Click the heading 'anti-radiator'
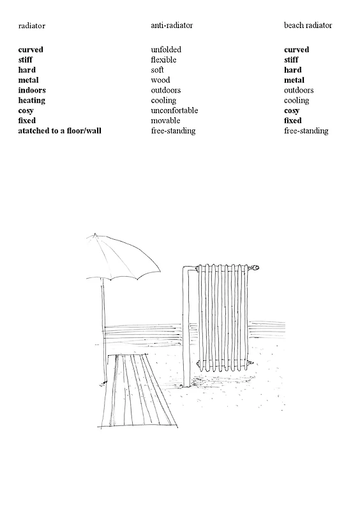pyautogui.click(x=172, y=26)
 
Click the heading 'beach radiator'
pyautogui.click(x=308, y=26)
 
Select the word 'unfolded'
pyautogui.click(x=166, y=50)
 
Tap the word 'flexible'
pyautogui.click(x=163, y=60)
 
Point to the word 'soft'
pyautogui.click(x=158, y=70)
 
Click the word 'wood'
pyautogui.click(x=160, y=80)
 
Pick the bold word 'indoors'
pyautogui.click(x=32, y=91)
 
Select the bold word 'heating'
pyautogui.click(x=32, y=101)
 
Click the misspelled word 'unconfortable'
pyautogui.click(x=174, y=111)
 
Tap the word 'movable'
pyautogui.click(x=165, y=121)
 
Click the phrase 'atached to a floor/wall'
pyautogui.click(x=60, y=131)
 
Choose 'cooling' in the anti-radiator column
pyautogui.click(x=163, y=101)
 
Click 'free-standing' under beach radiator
pyautogui.click(x=306, y=131)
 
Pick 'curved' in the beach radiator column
pyautogui.click(x=296, y=50)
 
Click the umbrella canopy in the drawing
pyautogui.click(x=124, y=258)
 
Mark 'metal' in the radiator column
pyautogui.click(x=29, y=80)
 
